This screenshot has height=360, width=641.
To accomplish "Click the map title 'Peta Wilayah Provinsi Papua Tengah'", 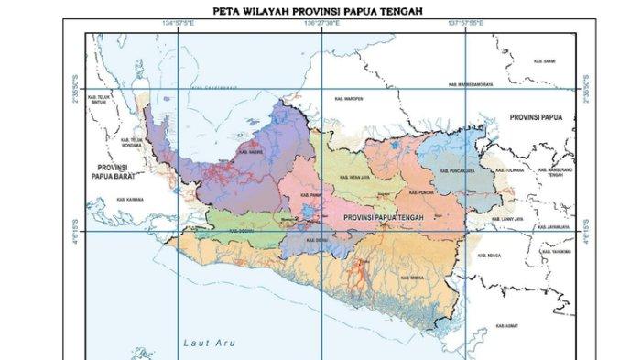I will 320,12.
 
